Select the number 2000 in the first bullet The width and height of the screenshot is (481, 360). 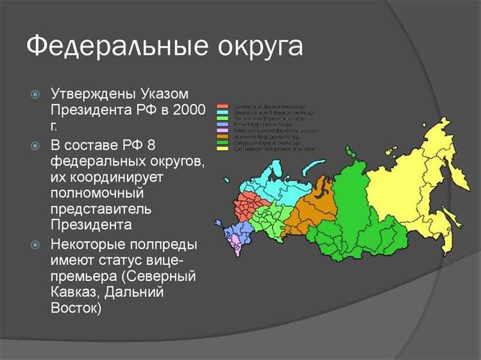click(x=189, y=110)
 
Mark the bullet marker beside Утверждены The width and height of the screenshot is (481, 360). click(x=36, y=94)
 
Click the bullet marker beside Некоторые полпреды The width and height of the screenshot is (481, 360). click(x=36, y=244)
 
